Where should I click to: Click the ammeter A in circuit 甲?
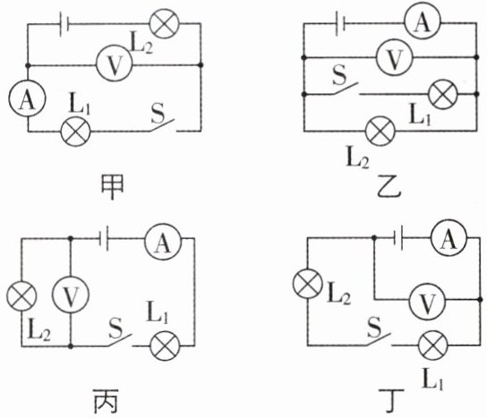28,98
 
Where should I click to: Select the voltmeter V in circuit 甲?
115,64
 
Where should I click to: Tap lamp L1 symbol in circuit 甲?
75,132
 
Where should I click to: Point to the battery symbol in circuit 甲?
64,23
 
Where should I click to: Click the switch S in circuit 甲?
163,125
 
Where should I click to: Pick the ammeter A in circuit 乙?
422,22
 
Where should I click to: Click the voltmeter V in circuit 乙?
394,57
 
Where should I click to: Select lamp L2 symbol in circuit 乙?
380,131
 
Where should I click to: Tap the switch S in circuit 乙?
346,89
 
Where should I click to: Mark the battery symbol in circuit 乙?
341,23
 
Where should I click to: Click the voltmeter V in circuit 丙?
71,294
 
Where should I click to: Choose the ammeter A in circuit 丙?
163,242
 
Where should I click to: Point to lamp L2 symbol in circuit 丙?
21,296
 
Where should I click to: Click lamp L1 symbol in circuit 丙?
165,345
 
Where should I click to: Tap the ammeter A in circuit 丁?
449,238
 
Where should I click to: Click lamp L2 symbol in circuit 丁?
307,284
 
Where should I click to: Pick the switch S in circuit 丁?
379,339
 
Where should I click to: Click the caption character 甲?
112,187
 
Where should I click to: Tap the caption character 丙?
107,401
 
